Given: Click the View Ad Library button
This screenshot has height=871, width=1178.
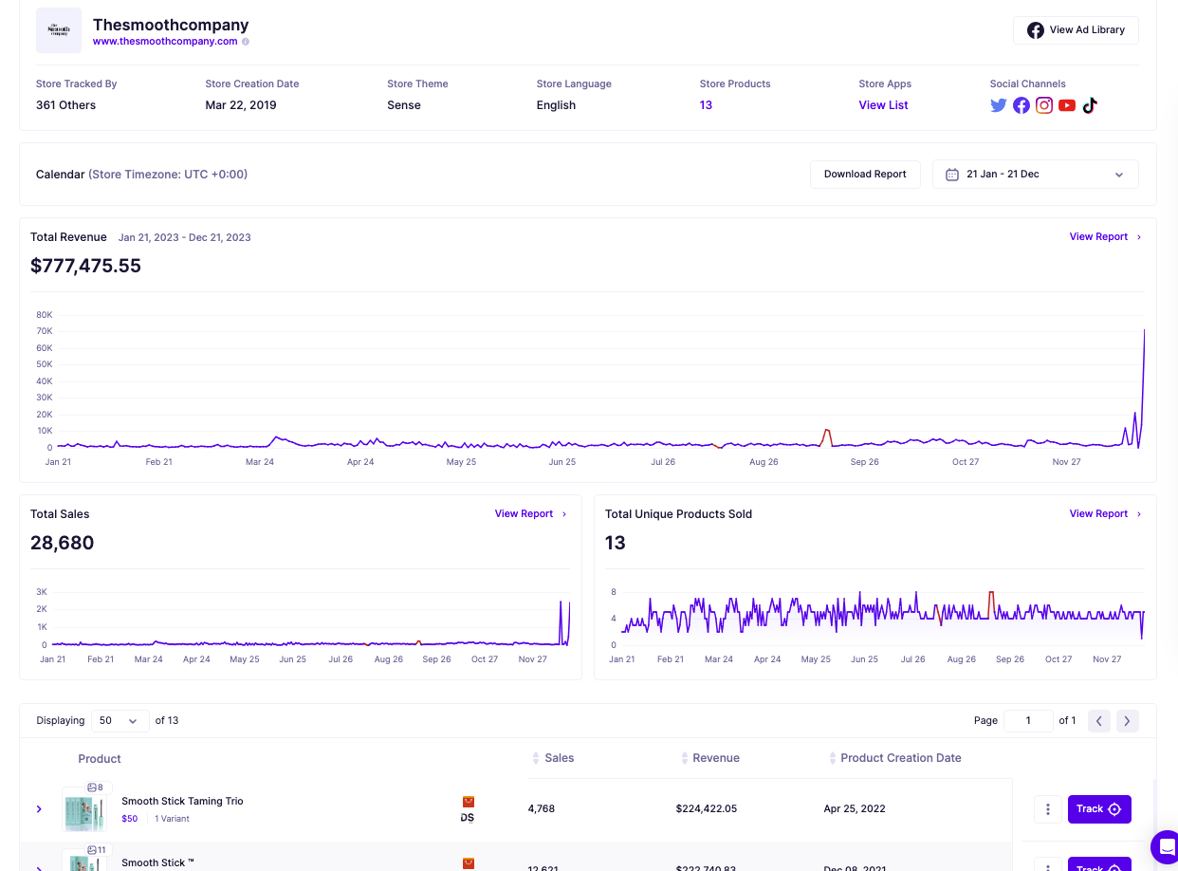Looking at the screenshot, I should [x=1076, y=30].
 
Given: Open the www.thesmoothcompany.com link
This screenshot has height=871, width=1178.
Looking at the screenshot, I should [x=165, y=42].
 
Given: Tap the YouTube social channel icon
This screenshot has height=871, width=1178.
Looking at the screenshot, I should [x=1067, y=105].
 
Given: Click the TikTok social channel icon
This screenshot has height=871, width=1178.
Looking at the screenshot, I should [x=1090, y=105].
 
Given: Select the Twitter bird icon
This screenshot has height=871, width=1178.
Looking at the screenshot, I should [x=998, y=105].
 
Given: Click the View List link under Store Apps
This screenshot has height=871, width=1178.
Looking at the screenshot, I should [x=883, y=105].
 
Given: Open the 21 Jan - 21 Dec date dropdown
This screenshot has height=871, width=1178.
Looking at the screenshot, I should [x=1035, y=175].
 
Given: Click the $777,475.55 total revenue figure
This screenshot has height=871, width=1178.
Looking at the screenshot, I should [x=85, y=266].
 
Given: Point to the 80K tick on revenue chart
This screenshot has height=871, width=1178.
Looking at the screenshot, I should [x=45, y=315].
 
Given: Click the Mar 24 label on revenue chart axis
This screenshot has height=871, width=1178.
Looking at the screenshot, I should [x=260, y=462].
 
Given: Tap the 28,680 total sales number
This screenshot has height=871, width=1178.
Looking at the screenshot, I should [x=63, y=544].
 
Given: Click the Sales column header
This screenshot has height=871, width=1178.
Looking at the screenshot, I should [x=559, y=758].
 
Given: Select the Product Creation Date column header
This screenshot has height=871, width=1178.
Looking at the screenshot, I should [x=900, y=758].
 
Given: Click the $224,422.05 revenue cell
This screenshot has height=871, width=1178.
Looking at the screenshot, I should [x=706, y=809].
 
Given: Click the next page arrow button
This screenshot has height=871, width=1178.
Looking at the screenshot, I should [x=1127, y=721].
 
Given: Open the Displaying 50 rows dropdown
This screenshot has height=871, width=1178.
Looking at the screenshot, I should [x=120, y=721].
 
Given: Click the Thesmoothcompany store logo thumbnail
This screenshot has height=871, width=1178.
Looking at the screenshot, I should [x=59, y=30].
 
